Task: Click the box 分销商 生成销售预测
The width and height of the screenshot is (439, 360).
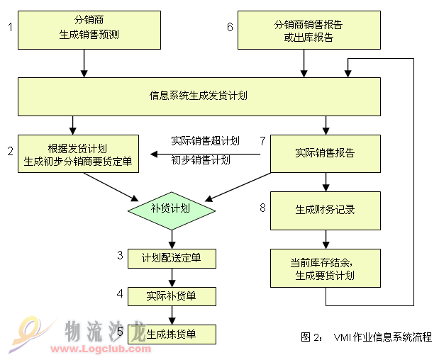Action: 89,30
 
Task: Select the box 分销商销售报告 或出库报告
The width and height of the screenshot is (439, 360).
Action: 309,30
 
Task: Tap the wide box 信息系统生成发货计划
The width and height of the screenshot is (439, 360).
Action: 199,96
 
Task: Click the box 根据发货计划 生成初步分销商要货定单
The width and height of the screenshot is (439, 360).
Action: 79,154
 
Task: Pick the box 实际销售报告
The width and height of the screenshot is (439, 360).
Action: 326,154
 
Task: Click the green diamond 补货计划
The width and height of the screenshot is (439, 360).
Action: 172,210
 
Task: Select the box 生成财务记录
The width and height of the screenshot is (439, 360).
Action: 326,210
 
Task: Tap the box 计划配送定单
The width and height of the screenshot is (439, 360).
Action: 172,259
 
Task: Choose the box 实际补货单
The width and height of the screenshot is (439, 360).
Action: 172,296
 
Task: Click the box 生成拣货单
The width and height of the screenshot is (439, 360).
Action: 172,334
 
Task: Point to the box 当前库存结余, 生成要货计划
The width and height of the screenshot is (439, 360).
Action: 326,269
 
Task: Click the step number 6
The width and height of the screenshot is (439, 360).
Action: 230,27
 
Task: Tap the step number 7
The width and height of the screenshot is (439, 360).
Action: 262,141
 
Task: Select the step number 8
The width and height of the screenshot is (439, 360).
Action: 262,208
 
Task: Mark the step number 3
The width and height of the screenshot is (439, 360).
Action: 120,255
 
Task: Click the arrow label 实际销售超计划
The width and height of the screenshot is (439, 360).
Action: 205,141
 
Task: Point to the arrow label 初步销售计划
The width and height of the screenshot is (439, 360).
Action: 201,160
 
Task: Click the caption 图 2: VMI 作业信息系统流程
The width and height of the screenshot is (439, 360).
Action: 366,337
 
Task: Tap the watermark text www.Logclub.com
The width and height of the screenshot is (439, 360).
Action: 101,349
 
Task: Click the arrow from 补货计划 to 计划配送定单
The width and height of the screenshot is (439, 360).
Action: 172,240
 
